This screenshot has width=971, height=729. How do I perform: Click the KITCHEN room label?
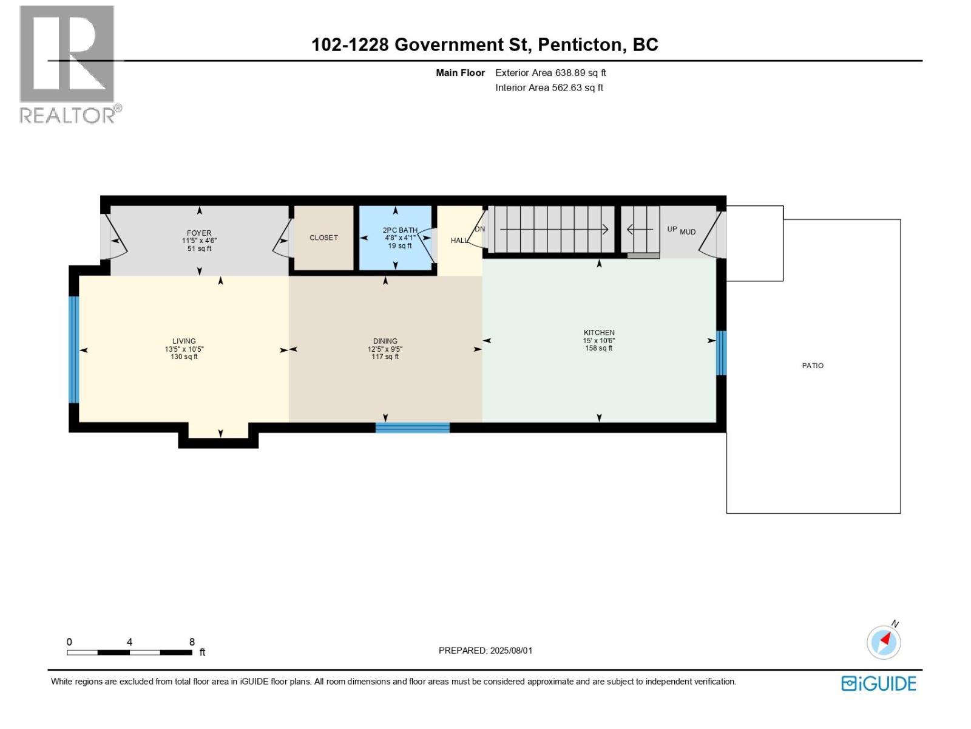pos(599,332)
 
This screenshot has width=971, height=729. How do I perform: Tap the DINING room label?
pos(385,341)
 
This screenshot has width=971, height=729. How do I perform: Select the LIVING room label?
pos(184,341)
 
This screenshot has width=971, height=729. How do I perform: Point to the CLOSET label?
pos(323,238)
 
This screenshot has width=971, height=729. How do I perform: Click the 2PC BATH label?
pos(400,230)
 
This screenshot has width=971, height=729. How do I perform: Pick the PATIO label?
pos(813,366)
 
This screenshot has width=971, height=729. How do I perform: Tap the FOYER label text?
pos(199,233)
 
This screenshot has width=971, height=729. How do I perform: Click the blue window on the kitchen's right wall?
pos(721,353)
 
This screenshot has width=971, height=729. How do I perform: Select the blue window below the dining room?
pos(412,428)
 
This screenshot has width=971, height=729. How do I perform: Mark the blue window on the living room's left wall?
pos(73,349)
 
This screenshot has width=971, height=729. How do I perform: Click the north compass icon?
pos(884,642)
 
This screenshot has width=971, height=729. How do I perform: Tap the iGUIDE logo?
pos(878,683)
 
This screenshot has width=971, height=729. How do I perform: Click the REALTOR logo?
pos(67,64)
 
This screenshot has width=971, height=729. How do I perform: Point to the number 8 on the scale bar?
pos(192,642)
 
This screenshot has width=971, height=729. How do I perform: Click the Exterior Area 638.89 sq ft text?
pos(550,73)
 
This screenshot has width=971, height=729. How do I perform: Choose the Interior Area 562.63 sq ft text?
pos(549,87)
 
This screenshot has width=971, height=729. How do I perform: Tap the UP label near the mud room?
pos(672,229)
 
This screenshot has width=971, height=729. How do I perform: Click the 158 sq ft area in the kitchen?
pos(598,348)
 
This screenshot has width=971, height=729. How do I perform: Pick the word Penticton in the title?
pos(580,44)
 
